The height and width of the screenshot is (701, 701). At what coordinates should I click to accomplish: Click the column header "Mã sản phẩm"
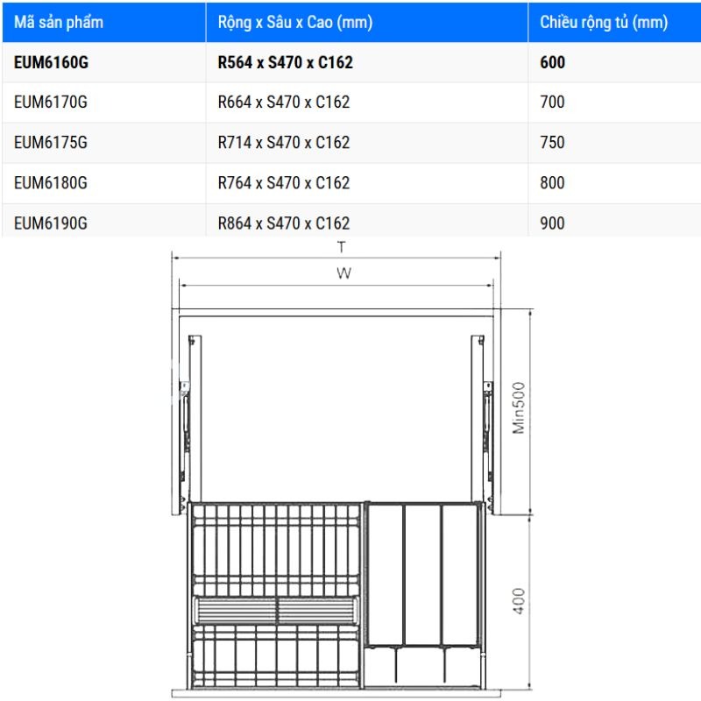coord(58,23)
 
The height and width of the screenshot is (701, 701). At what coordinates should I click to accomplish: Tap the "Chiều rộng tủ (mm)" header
coord(604,23)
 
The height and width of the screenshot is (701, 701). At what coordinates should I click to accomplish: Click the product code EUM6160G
coord(52,63)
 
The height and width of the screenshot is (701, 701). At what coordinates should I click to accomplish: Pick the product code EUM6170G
coord(51,103)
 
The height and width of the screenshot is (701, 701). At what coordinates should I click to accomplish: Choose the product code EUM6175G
coord(51,143)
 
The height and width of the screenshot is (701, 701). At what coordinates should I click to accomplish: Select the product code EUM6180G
coord(51,183)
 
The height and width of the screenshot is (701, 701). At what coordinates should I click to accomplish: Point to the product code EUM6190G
coord(51,223)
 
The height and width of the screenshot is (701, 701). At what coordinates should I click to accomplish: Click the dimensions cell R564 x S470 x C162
coord(286,63)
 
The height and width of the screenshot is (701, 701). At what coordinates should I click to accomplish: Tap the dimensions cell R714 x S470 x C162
coord(284,143)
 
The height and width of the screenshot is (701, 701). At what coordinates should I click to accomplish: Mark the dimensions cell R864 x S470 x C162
coord(284,223)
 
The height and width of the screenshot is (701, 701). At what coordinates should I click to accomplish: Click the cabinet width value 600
coord(553,63)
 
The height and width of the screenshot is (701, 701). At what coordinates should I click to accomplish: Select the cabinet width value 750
coord(553,143)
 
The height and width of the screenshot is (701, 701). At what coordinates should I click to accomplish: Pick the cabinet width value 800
coord(553,183)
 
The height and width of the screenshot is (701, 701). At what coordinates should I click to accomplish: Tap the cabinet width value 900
coord(553,223)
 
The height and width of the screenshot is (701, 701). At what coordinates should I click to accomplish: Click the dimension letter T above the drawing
coord(340,248)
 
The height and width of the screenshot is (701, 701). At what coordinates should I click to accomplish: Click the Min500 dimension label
coord(519,407)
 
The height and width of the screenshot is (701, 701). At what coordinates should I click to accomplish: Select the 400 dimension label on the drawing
coord(519,601)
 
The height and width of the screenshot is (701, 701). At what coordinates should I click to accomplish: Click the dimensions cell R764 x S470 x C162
coord(284,183)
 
